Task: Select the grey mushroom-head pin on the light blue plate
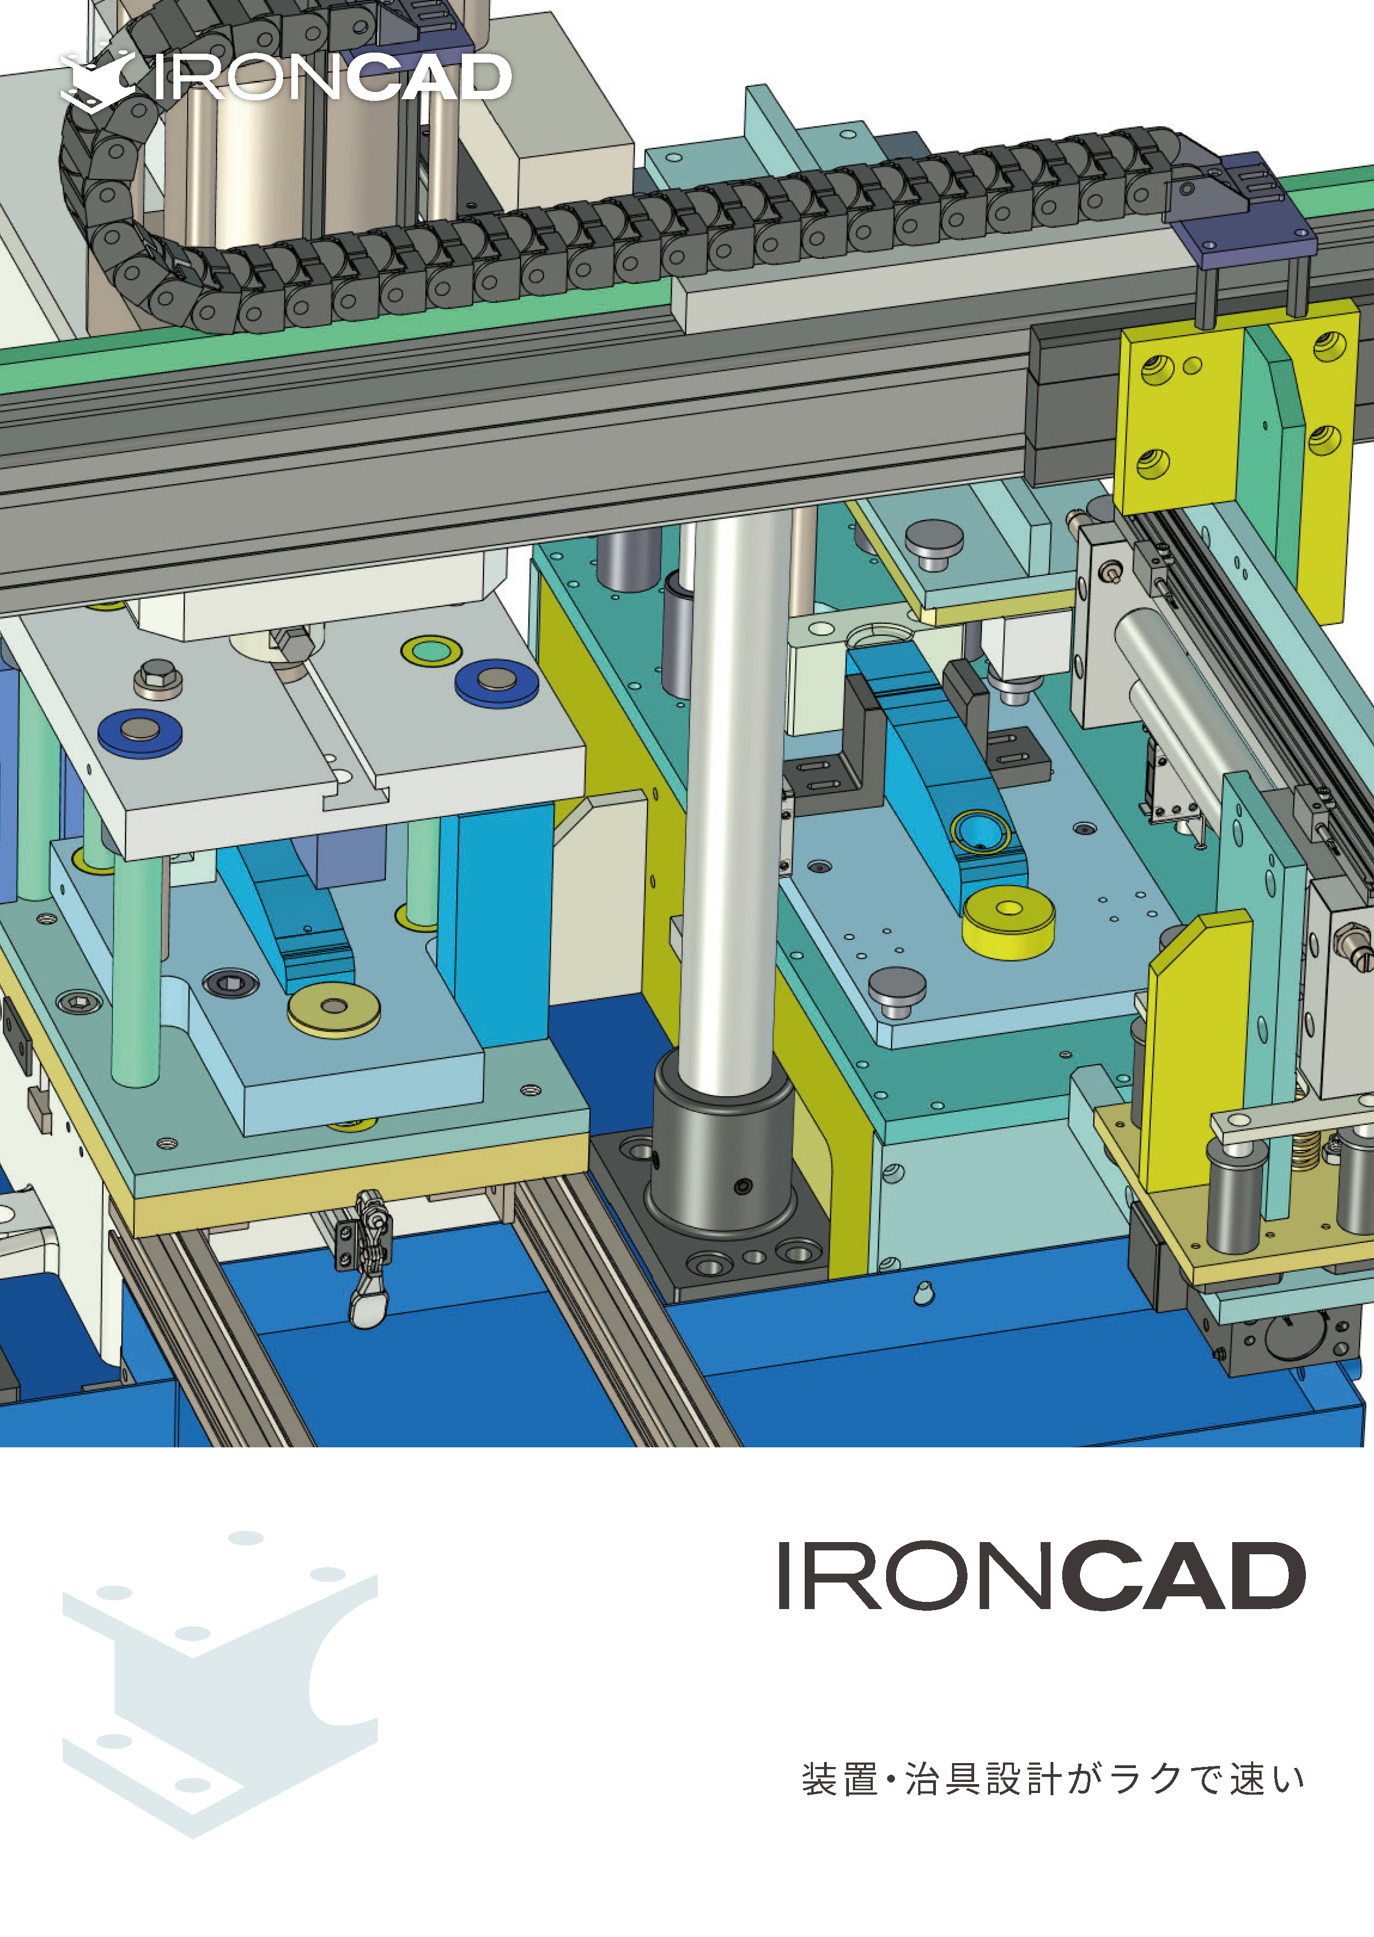point(897,988)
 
